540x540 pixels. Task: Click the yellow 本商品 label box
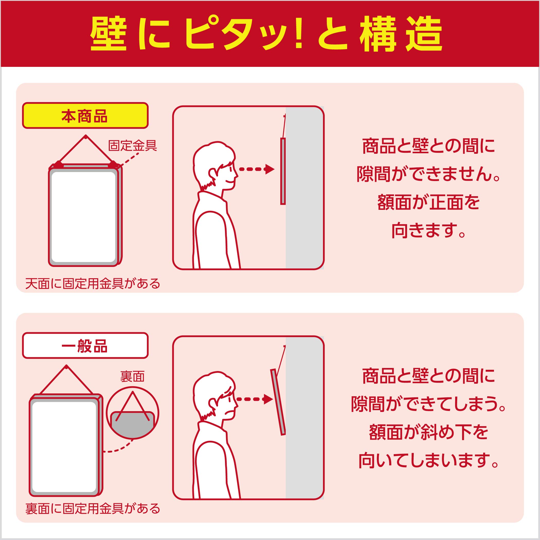(x=85, y=115)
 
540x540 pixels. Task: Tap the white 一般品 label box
(x=85, y=345)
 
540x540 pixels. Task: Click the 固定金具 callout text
(x=132, y=145)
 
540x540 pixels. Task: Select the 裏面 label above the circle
(x=132, y=377)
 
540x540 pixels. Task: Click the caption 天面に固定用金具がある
(x=93, y=283)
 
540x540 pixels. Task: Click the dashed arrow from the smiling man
(x=256, y=169)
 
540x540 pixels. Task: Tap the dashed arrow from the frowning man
(x=254, y=399)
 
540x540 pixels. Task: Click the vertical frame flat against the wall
(x=283, y=171)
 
